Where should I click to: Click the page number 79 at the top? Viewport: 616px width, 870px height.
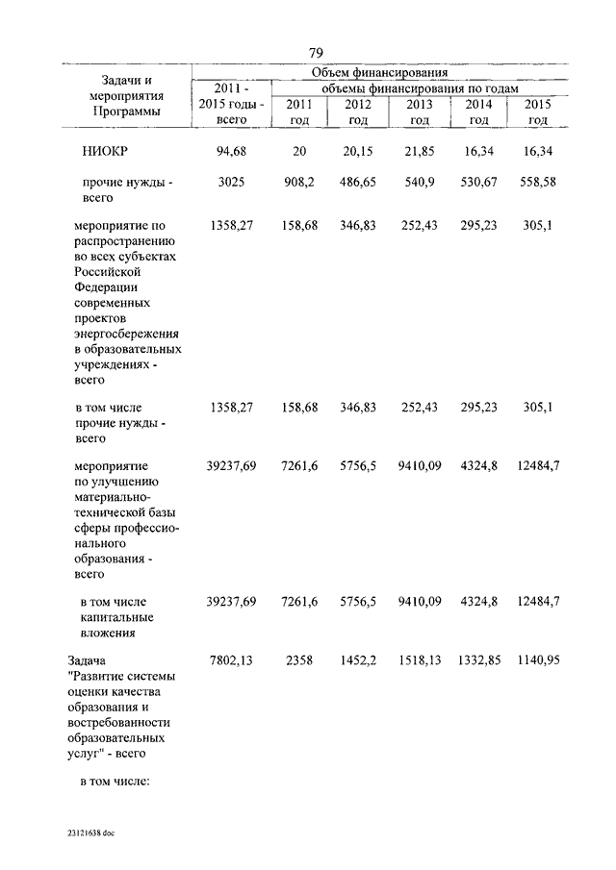[x=316, y=52]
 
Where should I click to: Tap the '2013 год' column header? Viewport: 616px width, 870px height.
[x=419, y=112]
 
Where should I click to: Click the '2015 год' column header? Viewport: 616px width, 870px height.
[x=538, y=112]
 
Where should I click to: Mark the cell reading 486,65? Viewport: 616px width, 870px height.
[x=357, y=181]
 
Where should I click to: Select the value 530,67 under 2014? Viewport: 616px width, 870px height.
[x=478, y=181]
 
